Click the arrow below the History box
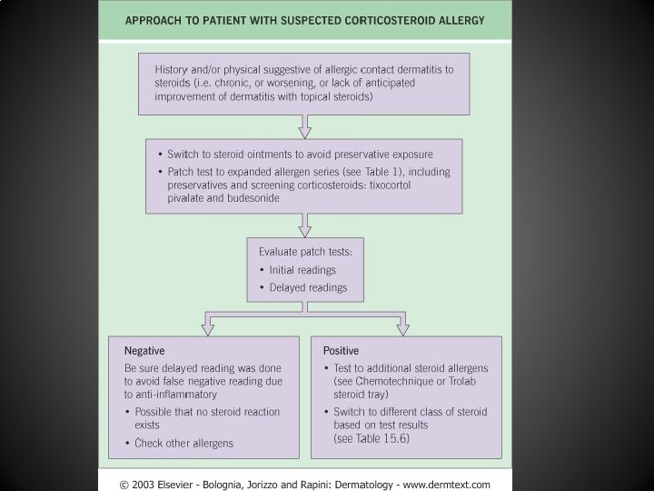(304, 130)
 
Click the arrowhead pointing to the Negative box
(209, 325)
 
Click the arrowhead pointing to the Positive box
(401, 325)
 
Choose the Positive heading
(340, 350)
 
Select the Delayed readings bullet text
(308, 287)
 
